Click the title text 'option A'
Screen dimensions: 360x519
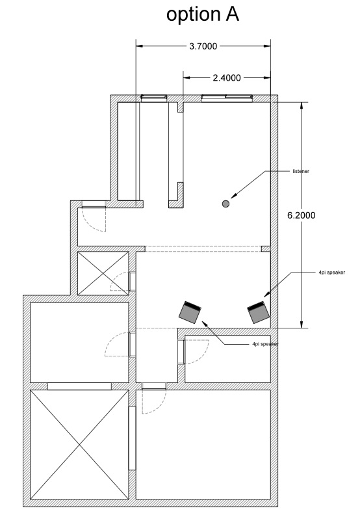point(202,14)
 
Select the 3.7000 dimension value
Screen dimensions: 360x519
point(203,46)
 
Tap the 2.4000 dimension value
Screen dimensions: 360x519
point(227,78)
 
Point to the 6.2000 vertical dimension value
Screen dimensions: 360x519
point(301,215)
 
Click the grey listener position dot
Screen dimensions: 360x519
point(225,204)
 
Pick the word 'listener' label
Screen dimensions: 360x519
point(301,172)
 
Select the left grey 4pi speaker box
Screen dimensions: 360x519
point(190,312)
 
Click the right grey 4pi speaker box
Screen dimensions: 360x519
point(259,312)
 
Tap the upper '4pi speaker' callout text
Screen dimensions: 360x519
point(331,273)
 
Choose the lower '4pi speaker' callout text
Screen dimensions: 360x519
point(265,344)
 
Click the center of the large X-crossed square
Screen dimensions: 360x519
point(79,444)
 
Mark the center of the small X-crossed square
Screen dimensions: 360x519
point(103,273)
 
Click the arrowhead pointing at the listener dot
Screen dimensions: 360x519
point(234,196)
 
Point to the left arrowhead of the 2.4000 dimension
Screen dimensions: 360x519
point(186,78)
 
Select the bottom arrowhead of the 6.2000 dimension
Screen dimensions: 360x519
point(301,325)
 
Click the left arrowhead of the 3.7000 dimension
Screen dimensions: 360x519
point(140,46)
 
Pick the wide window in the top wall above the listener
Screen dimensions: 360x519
point(227,98)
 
